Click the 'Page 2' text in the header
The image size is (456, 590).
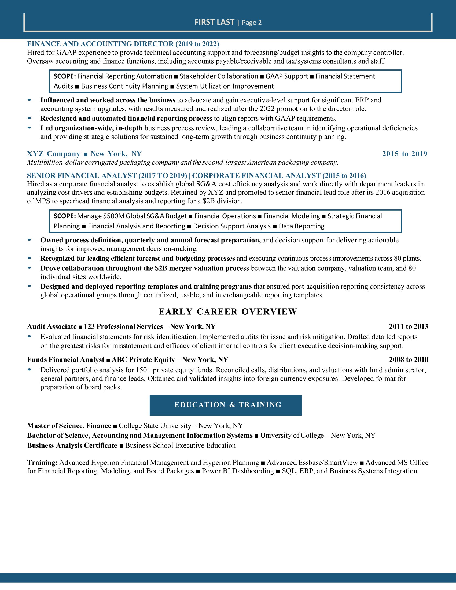coord(252,23)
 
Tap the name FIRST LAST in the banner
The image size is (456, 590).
coord(214,22)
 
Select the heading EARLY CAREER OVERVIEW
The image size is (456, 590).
coord(228,311)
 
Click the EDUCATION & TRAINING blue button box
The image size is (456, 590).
coord(226,405)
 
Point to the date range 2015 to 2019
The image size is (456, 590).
coord(405,154)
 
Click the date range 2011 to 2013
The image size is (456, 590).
coord(409,326)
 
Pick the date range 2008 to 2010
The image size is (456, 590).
coord(409,360)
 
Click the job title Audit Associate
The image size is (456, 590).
coord(52,326)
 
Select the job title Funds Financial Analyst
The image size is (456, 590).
coord(66,360)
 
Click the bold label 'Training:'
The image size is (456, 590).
coord(42,463)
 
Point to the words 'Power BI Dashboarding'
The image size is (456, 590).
coord(238,471)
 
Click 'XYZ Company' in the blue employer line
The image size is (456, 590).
coord(53,154)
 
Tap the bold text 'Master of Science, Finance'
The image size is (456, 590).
coord(69,426)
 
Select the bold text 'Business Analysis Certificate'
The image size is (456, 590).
coord(72,445)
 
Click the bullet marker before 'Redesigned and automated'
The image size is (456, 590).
coord(30,118)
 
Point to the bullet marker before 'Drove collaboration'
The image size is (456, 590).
coord(30,268)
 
